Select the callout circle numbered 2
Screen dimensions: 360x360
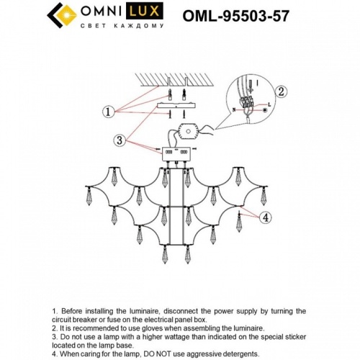point(282,91)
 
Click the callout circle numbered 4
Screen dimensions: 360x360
point(266,217)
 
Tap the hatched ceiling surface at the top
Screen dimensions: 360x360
point(177,80)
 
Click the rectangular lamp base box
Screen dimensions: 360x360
point(176,154)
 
